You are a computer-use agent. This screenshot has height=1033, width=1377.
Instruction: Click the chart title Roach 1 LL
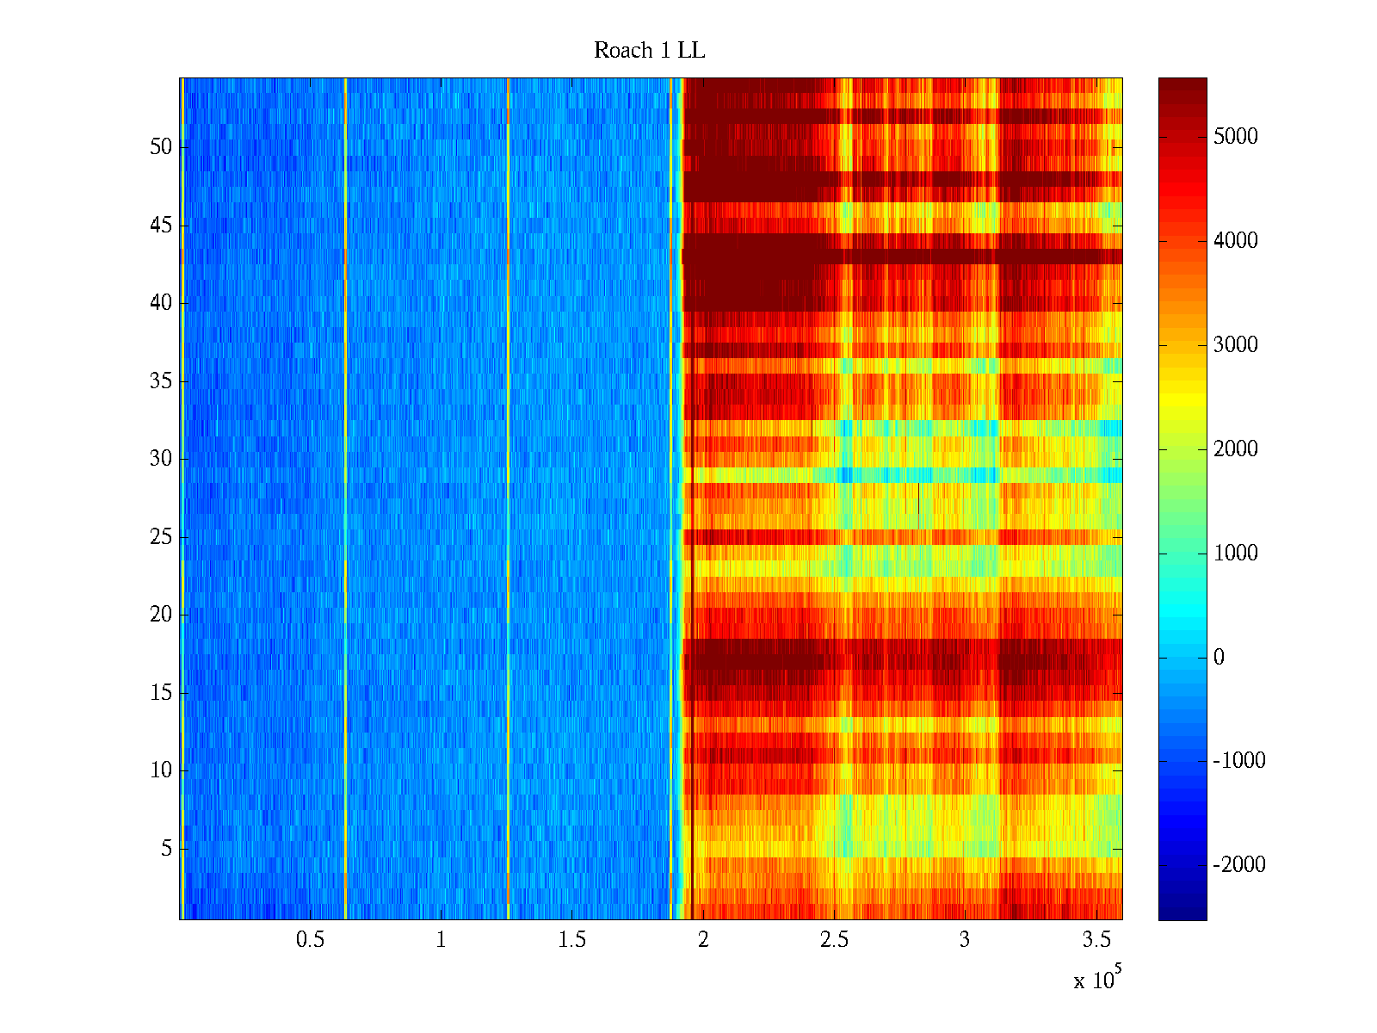[649, 51]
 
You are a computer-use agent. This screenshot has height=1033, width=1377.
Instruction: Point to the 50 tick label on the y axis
[161, 147]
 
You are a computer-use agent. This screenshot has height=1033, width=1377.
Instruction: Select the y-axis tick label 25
[161, 537]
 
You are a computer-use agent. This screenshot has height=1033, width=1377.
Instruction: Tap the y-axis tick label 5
[166, 849]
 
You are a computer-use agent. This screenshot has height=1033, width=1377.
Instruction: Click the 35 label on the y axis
[161, 381]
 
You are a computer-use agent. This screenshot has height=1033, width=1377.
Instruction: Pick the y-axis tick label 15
[161, 693]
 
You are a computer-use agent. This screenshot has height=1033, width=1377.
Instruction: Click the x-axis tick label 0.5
[310, 940]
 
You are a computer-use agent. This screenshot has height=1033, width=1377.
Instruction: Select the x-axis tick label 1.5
[571, 940]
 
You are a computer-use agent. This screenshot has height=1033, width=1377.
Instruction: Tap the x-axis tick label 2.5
[833, 940]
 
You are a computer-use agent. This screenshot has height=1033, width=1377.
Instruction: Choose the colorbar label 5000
[1235, 137]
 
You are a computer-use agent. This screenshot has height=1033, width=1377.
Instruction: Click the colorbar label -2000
[1239, 865]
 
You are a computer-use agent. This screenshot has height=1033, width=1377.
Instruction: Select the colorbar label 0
[1219, 658]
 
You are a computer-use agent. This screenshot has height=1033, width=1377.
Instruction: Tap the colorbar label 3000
[1235, 345]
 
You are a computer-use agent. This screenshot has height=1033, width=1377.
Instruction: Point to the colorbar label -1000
[1239, 761]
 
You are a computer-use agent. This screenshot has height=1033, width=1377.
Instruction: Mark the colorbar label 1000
[1235, 554]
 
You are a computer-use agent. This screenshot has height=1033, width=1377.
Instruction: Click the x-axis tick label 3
[964, 940]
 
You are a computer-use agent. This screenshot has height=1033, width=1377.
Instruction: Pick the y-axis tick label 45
[161, 226]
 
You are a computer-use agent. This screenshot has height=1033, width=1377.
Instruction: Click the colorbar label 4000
[1235, 241]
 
